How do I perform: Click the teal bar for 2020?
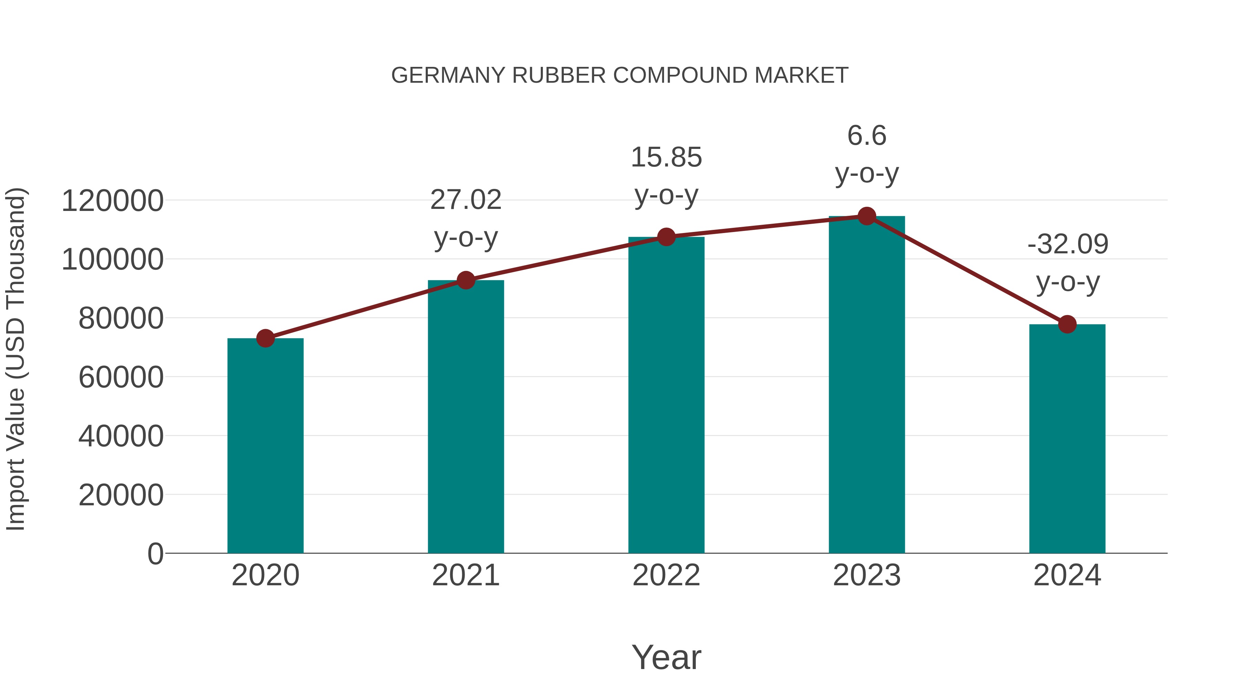point(265,446)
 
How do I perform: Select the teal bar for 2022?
point(666,395)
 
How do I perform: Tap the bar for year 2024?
point(1067,438)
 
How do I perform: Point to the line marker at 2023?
point(867,216)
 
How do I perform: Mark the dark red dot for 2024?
point(1067,324)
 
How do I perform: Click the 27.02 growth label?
point(465,200)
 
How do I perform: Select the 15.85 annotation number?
point(666,157)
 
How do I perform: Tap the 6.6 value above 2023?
point(867,135)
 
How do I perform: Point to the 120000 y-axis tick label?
point(113,201)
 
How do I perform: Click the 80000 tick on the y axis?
point(121,318)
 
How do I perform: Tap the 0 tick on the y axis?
point(155,554)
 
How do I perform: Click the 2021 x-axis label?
point(465,575)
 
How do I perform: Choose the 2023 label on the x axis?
point(867,575)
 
